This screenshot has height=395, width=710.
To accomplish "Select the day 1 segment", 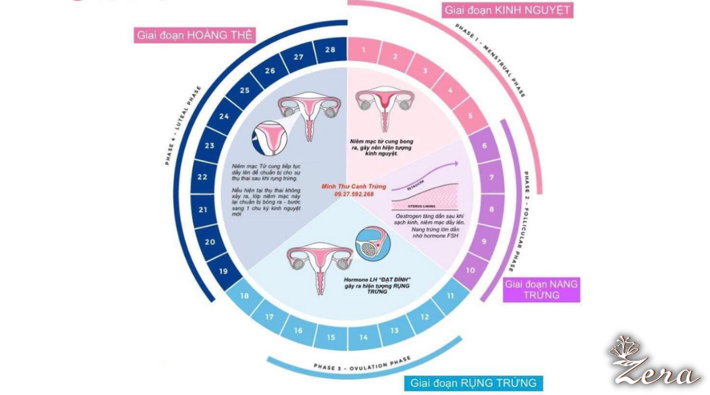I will pyautogui.click(x=364, y=51).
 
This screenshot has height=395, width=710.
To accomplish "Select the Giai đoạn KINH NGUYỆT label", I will pyautogui.click(x=507, y=11).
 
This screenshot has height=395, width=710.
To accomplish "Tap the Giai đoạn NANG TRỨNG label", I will pyautogui.click(x=541, y=290).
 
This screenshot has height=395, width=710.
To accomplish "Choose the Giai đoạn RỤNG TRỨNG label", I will pyautogui.click(x=473, y=382).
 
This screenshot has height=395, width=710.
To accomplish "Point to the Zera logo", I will pyautogui.click(x=653, y=362).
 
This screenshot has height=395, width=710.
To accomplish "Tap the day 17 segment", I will pyautogui.click(x=270, y=317).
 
